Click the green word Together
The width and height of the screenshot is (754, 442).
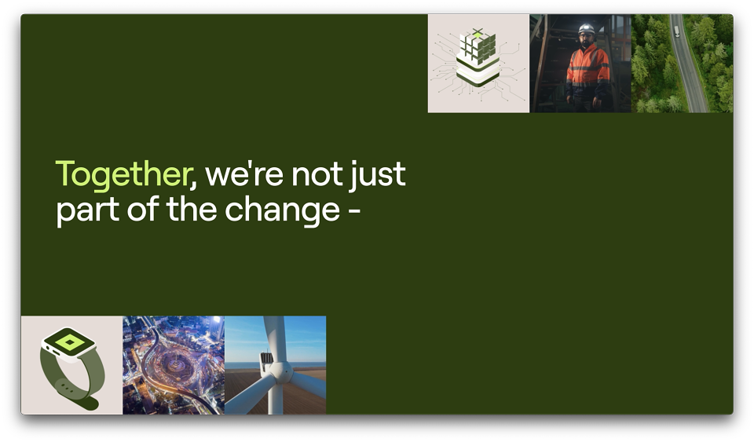(123, 175)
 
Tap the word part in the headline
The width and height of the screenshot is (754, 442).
(87, 212)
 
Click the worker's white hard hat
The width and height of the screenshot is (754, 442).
(586, 29)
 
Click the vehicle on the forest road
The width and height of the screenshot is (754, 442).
(676, 31)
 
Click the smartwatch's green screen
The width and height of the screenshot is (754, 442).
(69, 342)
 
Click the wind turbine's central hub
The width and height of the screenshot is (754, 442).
(280, 372)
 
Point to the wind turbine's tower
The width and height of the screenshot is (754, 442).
(275, 398)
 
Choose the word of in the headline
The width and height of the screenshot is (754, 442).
(142, 210)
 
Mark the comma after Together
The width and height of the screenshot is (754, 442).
(193, 184)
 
